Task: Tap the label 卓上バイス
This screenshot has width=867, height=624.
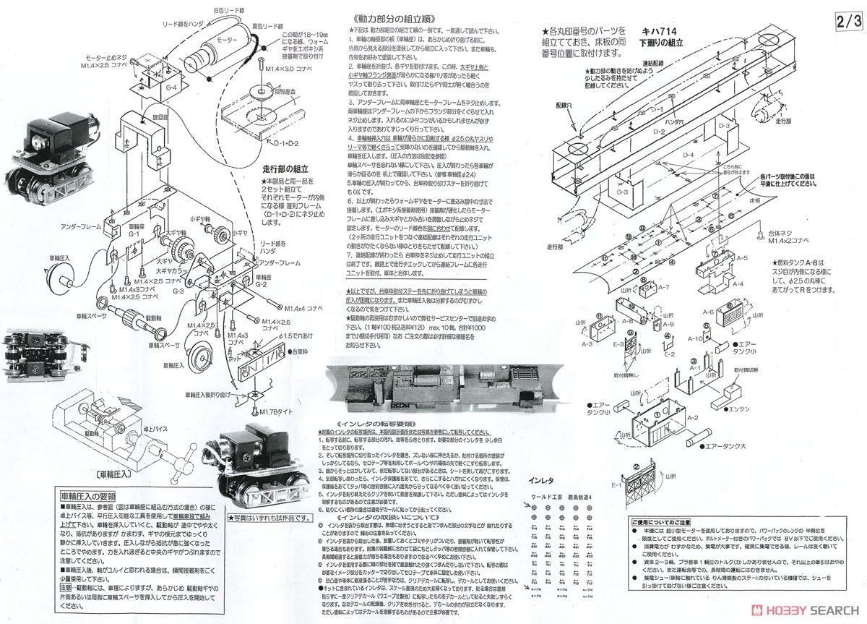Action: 156,428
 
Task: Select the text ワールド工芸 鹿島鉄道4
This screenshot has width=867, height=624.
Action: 561,497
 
